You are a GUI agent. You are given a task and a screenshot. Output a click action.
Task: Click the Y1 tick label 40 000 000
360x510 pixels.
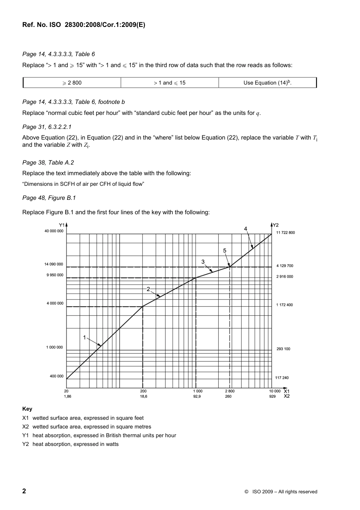pos(54,231)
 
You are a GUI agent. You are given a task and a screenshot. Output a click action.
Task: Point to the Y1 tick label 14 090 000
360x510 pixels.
pos(54,264)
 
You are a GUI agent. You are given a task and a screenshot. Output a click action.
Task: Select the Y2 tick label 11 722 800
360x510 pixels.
pos(285,232)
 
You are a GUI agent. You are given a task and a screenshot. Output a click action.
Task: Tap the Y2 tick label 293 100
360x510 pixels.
pos(283,349)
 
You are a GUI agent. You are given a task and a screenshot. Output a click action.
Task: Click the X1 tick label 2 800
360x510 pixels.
pos(230,391)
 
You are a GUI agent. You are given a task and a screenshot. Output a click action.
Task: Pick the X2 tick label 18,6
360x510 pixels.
pos(143,396)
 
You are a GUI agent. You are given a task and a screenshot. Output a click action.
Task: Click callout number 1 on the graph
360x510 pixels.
pos(85,337)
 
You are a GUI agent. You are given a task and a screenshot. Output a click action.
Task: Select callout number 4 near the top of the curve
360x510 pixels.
pos(246,229)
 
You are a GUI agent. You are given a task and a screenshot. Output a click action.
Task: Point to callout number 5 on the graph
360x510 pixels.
pos(225,251)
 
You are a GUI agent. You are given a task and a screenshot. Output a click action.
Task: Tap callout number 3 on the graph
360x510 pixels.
pos(203,262)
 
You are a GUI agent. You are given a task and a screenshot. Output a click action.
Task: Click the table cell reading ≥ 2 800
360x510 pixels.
pos(72,83)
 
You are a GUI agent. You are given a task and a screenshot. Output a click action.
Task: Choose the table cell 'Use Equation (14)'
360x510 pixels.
pos(267,83)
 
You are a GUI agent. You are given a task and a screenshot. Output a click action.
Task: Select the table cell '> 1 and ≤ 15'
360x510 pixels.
pos(169,83)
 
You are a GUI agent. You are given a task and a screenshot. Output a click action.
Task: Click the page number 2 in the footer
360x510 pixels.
pos(24,491)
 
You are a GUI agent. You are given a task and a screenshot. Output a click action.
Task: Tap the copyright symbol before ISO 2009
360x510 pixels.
pos(246,492)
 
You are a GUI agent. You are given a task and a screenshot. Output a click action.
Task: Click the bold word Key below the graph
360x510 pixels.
pos(27,409)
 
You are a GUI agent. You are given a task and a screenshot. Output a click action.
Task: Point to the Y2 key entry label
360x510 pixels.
pos(25,444)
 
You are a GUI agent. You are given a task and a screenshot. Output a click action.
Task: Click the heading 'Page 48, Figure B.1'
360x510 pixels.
pos(49,198)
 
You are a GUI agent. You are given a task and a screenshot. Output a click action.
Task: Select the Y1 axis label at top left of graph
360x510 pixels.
pos(61,225)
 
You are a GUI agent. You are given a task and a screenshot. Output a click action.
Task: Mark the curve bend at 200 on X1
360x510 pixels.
pos(142,306)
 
